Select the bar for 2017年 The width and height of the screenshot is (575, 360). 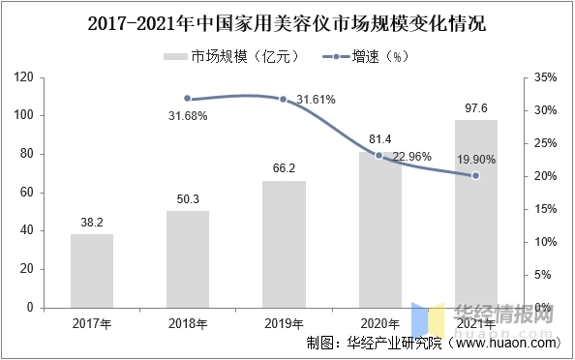(x=92, y=270)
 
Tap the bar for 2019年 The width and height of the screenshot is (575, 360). (x=284, y=244)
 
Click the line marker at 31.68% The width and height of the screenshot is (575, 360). (x=188, y=99)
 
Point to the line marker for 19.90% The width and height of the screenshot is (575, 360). (x=475, y=175)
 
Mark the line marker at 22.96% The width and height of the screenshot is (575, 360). (x=379, y=155)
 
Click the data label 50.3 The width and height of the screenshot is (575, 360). (x=188, y=199)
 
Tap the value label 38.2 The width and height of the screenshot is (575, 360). (x=92, y=223)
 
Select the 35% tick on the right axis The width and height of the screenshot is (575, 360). (x=544, y=76)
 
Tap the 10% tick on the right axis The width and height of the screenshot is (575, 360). (x=544, y=242)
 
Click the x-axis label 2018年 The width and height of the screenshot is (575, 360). (x=188, y=322)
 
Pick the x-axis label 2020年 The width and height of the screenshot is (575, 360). (x=379, y=322)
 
